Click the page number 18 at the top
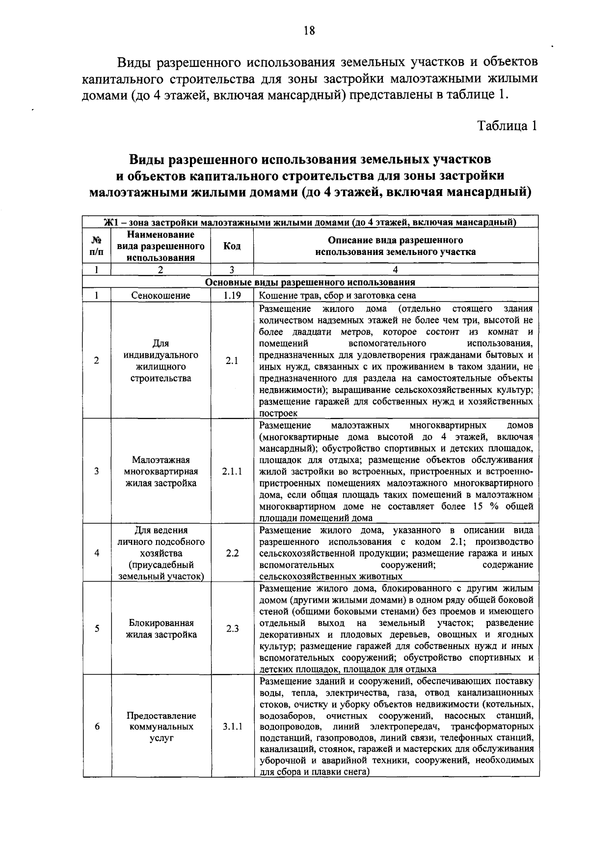tap(309, 31)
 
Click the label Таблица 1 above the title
tap(508, 126)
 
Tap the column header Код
tap(232, 246)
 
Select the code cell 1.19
tap(232, 295)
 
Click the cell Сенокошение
tap(161, 295)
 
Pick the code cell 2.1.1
tap(232, 471)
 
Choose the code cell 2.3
tap(232, 628)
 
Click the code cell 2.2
tap(232, 553)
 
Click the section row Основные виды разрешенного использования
tap(310, 282)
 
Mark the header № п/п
tap(97, 246)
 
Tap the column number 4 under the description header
tap(396, 269)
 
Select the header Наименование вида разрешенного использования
tap(161, 246)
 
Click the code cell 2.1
tap(232, 360)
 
